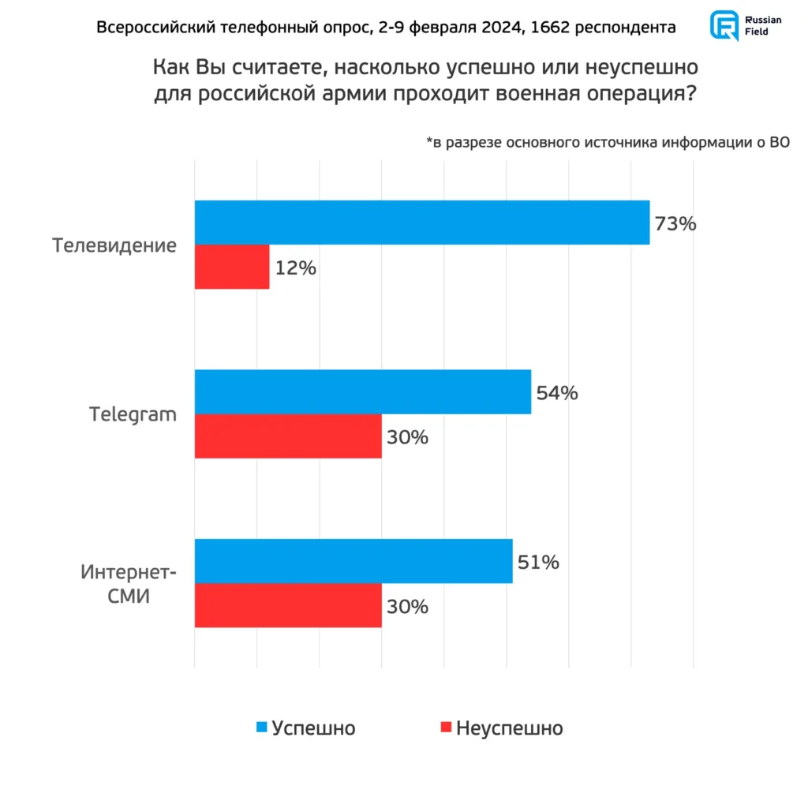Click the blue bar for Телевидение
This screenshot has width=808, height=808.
(x=422, y=223)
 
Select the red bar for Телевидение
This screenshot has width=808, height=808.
(x=232, y=267)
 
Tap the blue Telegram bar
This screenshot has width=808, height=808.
(x=363, y=391)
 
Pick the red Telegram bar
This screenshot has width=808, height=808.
(x=288, y=436)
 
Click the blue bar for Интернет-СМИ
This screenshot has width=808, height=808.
(x=353, y=561)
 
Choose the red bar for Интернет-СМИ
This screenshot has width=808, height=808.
(x=288, y=606)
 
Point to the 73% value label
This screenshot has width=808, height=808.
(x=675, y=223)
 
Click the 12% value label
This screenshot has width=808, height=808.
(x=296, y=268)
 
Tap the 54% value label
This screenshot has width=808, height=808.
(x=557, y=392)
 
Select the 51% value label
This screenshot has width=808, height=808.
(x=538, y=562)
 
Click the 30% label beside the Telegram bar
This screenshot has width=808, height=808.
(x=407, y=437)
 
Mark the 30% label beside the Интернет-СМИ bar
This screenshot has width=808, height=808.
(x=407, y=607)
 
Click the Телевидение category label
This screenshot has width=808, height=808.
(x=115, y=245)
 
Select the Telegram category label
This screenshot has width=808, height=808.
(x=133, y=414)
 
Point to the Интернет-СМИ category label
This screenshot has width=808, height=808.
(x=128, y=583)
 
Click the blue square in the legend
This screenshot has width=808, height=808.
(x=262, y=727)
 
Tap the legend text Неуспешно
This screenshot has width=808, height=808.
(x=509, y=728)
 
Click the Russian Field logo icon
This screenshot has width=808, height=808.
(x=723, y=25)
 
